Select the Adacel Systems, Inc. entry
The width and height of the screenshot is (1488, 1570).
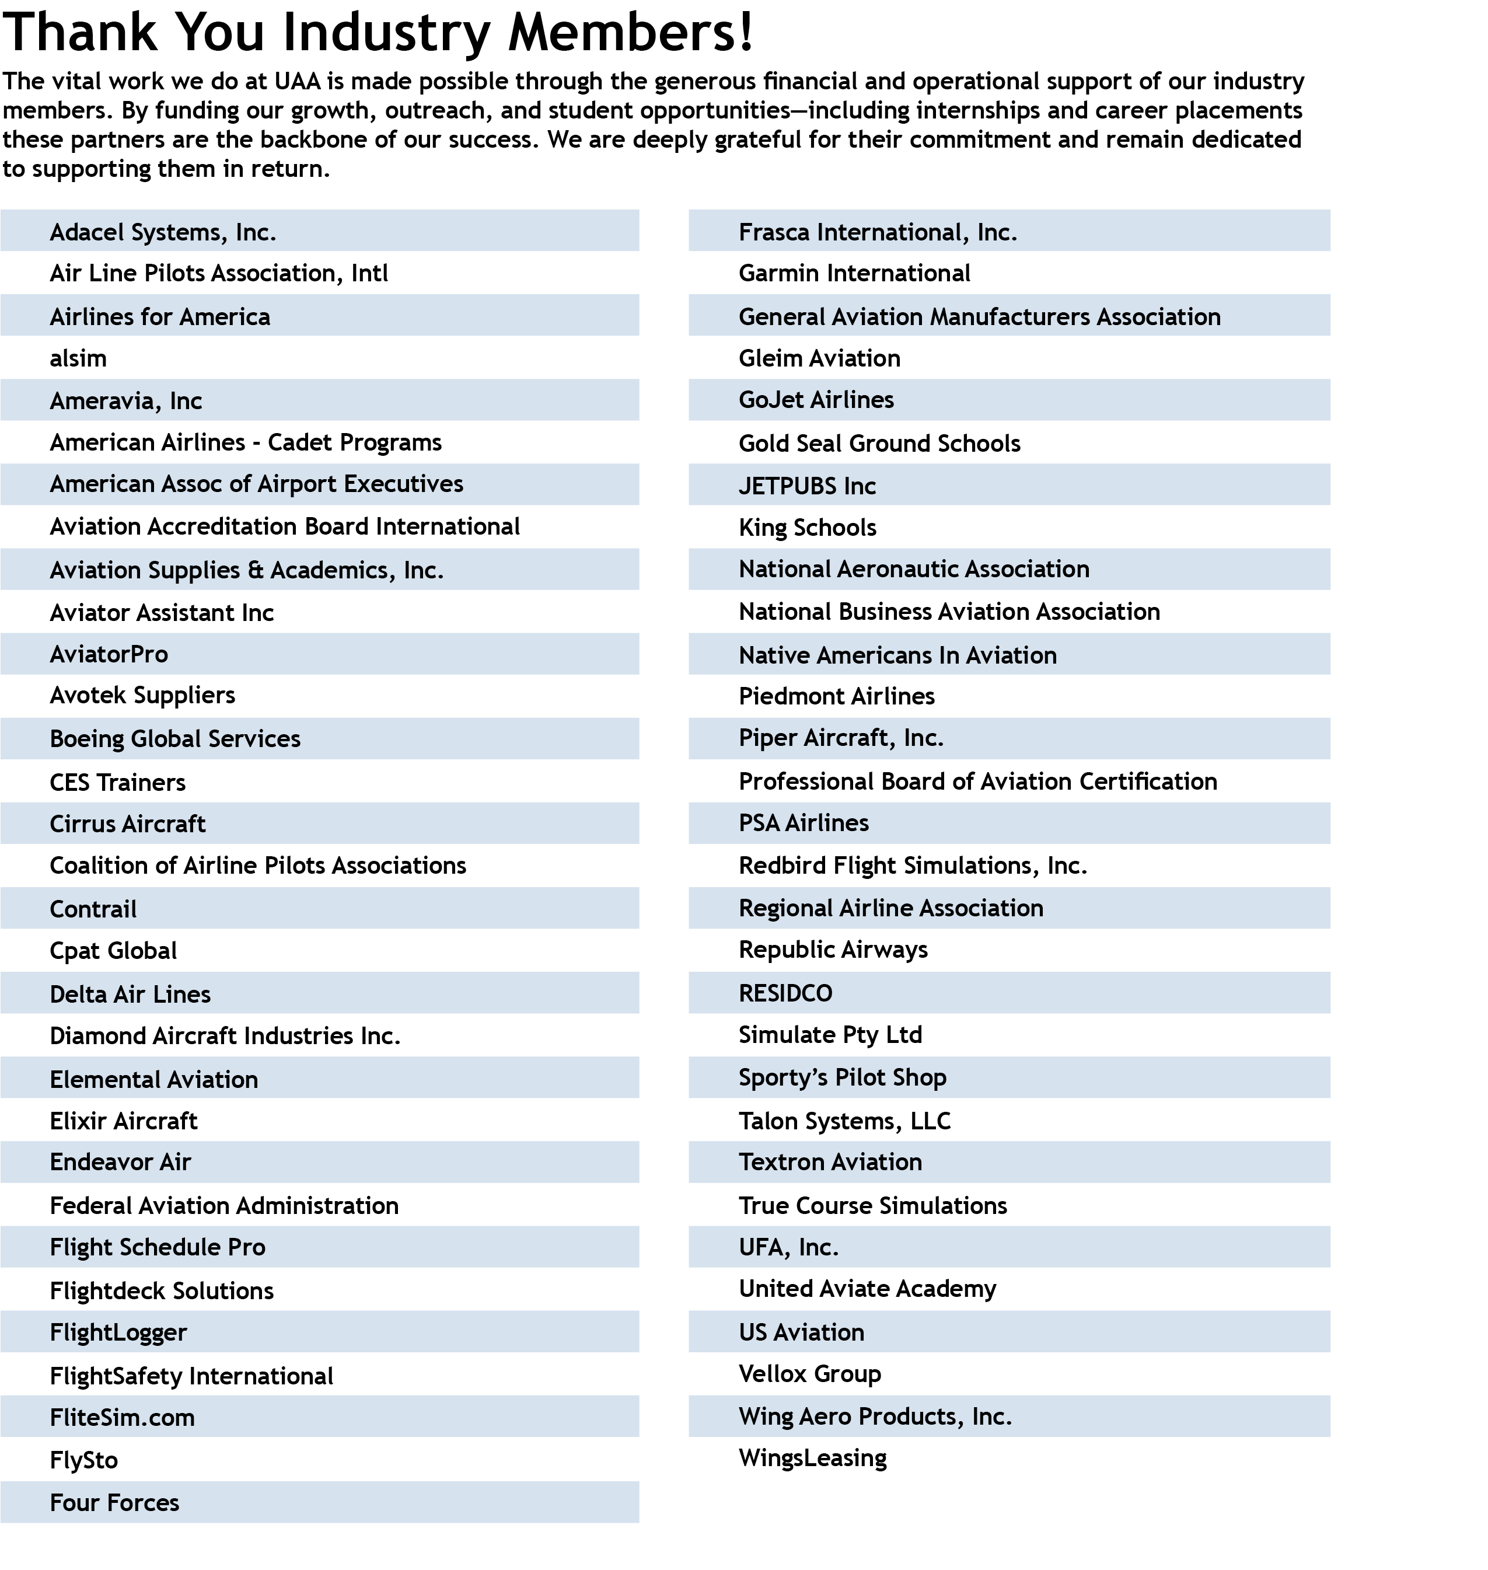[163, 232]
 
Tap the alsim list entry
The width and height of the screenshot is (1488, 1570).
[78, 358]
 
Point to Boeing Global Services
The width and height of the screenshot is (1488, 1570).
[174, 738]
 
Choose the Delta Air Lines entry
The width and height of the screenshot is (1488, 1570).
[130, 994]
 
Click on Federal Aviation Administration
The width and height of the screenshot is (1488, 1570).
[223, 1206]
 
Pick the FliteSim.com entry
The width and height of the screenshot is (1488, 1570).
[122, 1418]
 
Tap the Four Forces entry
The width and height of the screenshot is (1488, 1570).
[114, 1502]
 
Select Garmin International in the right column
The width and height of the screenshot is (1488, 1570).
[854, 274]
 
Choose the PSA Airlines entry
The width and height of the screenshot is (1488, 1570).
[804, 823]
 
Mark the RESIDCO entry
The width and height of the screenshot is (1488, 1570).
[785, 993]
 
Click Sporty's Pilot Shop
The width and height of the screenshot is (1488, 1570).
[843, 1077]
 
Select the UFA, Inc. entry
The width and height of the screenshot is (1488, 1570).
[788, 1247]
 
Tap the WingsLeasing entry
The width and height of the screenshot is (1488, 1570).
[812, 1458]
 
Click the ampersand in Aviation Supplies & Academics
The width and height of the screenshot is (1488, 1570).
[256, 570]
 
